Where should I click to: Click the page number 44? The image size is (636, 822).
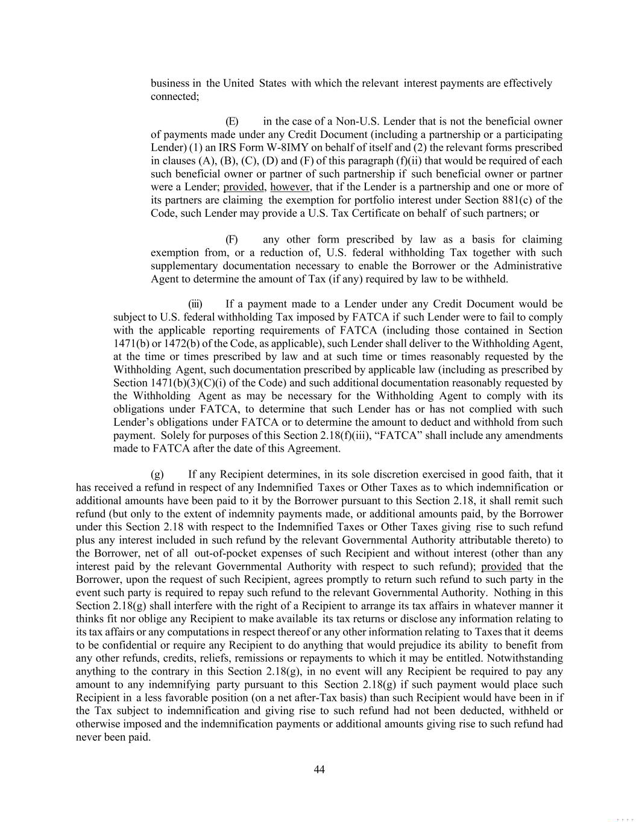tap(320, 770)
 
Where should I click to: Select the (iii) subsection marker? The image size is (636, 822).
tap(195, 304)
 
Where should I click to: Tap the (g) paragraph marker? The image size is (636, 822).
tap(157, 475)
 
